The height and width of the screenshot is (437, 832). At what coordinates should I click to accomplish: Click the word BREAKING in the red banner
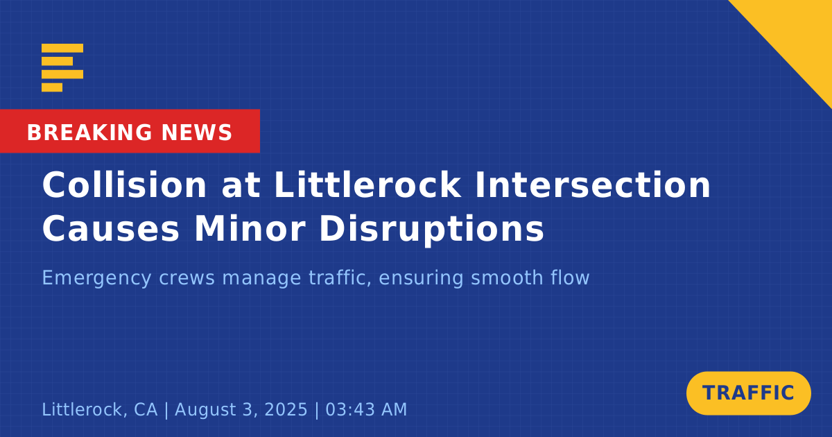(89, 132)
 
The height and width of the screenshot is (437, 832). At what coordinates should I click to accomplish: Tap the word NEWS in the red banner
(197, 132)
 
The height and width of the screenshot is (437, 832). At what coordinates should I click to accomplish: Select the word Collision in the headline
(124, 185)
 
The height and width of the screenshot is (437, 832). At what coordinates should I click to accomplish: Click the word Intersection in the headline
(592, 185)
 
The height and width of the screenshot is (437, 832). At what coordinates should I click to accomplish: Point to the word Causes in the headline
(111, 229)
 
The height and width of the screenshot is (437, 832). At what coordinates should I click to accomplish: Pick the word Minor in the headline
(250, 229)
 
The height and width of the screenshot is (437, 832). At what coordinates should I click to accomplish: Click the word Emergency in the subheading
(96, 277)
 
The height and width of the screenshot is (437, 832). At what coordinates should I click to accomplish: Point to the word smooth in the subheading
(507, 277)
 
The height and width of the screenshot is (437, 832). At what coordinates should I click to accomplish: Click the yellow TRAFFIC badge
(748, 393)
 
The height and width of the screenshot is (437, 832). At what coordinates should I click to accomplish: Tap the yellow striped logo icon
(62, 68)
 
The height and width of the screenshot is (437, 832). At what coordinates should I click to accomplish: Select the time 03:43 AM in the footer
(366, 409)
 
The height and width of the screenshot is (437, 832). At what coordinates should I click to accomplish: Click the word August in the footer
(206, 410)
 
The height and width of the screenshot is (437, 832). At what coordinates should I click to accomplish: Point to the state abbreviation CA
(146, 409)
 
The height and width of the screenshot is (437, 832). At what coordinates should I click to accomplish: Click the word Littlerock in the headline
(367, 185)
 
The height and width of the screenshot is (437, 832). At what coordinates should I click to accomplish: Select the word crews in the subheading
(187, 278)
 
